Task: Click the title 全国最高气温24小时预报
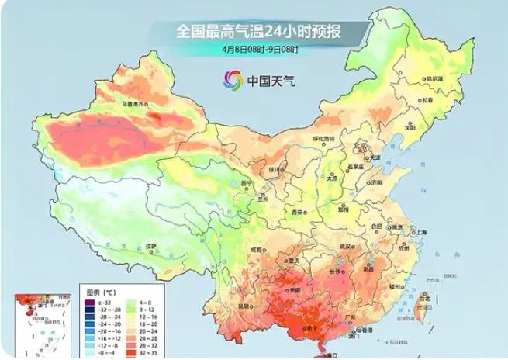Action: (x=259, y=32)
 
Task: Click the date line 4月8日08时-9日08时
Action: (x=259, y=49)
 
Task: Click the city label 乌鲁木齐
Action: (x=134, y=102)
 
